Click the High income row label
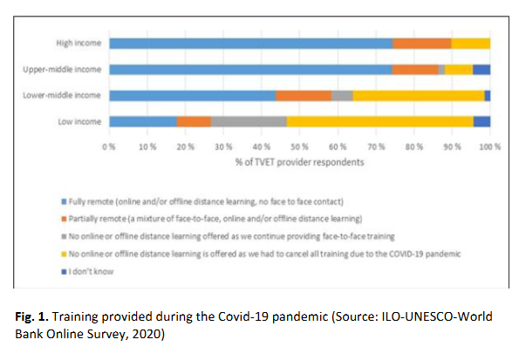[79, 43]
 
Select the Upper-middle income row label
[62, 70]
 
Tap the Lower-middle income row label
[62, 95]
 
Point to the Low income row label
[79, 122]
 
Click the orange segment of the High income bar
[421, 44]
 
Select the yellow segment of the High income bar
[471, 44]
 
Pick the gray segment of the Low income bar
[249, 122]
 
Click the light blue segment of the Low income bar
[143, 122]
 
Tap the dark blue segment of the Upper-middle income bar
[481, 70]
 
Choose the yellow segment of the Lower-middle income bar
[419, 96]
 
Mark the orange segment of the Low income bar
[194, 122]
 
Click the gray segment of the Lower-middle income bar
[342, 96]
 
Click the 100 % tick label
[490, 146]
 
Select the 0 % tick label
[109, 146]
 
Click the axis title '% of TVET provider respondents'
[299, 162]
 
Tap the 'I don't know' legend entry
[87, 272]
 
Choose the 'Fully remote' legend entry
[202, 201]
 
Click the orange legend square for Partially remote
[64, 219]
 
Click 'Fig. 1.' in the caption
[31, 316]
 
